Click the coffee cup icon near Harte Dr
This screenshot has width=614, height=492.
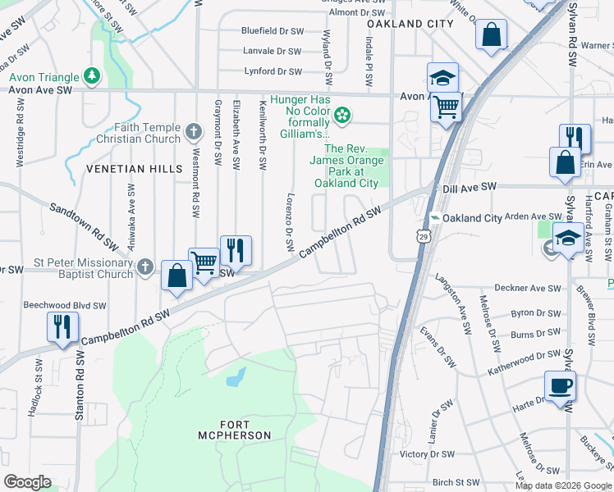560,385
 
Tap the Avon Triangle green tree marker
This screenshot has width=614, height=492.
92,77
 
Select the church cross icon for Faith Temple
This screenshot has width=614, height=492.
194,130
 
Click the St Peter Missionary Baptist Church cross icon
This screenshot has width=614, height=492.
144,266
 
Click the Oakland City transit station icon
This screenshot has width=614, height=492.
435,218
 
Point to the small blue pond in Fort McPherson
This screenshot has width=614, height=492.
236,377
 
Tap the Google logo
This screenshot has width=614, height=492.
27,481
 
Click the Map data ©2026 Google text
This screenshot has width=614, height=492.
563,485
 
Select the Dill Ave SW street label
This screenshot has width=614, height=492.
470,187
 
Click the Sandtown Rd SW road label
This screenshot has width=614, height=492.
82,225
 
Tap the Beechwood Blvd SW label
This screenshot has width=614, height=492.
66,304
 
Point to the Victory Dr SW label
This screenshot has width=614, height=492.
426,453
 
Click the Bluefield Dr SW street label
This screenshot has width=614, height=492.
272,30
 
